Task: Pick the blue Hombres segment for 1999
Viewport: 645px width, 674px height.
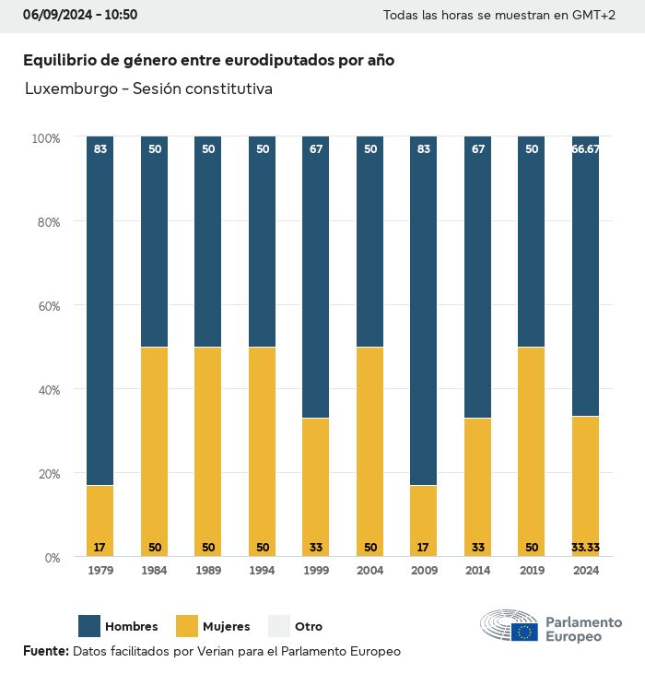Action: click(316, 277)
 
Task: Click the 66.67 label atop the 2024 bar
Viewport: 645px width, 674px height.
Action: click(586, 148)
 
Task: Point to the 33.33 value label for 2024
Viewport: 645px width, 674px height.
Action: click(586, 548)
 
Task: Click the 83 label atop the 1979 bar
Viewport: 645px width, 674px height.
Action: click(100, 148)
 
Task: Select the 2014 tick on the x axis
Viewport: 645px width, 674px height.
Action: click(477, 571)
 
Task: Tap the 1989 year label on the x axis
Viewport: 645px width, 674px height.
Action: click(208, 571)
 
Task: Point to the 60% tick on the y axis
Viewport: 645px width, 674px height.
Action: click(46, 305)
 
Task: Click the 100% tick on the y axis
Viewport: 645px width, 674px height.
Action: click(45, 138)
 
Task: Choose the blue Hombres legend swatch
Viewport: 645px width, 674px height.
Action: click(89, 626)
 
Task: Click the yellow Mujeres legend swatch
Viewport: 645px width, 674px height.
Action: click(188, 626)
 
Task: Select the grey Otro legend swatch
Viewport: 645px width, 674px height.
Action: click(278, 626)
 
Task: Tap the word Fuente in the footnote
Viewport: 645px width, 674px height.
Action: click(44, 651)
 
